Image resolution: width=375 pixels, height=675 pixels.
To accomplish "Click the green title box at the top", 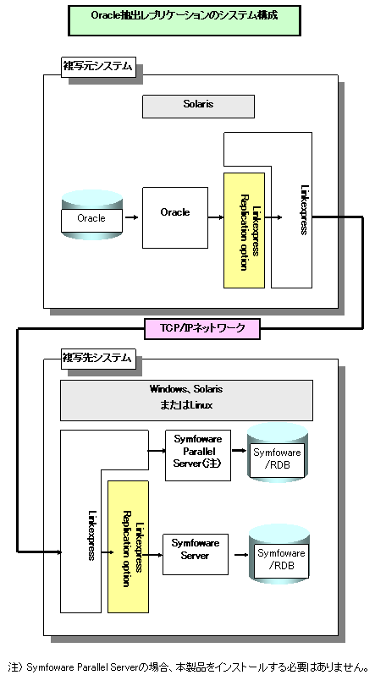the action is pos(184,20).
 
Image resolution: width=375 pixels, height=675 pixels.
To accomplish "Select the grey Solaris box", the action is pos(198,107).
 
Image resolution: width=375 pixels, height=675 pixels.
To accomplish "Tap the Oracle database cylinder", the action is pos(91,215).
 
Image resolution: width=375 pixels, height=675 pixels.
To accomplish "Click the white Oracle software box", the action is pos(175,217).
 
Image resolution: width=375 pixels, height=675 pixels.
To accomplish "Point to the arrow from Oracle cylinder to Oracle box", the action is pos(132,218).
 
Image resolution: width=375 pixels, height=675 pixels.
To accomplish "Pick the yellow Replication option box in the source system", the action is pos(244,230).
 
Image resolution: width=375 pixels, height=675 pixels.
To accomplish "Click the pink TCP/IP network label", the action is pos(202,329).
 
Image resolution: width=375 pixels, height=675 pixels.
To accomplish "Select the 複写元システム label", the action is pos(97,68).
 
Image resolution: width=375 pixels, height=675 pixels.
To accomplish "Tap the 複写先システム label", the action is pos(97,359).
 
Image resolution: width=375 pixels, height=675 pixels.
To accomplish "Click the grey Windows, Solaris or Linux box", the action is pos(186,400).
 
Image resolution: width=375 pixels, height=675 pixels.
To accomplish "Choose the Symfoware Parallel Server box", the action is pos(198,455).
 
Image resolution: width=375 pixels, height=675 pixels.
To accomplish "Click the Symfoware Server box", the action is pos(196,554).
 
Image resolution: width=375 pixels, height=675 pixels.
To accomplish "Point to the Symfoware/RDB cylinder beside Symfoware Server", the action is pos(279,554).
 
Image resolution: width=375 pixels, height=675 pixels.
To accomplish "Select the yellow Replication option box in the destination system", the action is pos(128,546).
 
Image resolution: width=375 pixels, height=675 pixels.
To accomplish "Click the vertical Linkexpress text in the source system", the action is pos(303,210).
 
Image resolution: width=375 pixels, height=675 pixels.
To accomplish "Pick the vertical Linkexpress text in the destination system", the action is pos(91,535).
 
